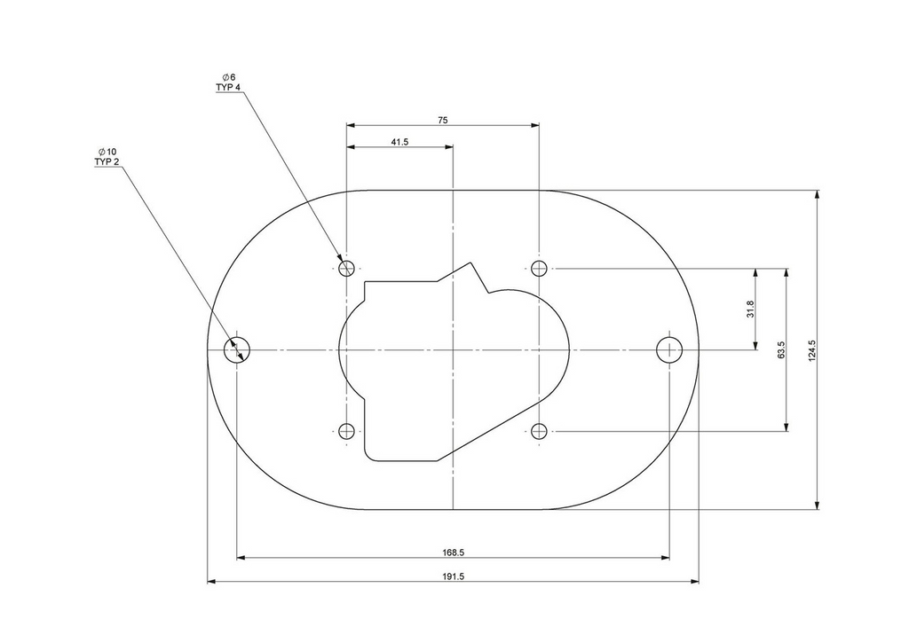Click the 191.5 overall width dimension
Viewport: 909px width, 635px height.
tap(454, 576)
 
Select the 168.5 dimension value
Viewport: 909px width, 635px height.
tap(454, 553)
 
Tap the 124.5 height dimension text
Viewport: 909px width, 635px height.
tap(811, 350)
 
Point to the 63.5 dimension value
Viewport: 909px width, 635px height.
tap(781, 350)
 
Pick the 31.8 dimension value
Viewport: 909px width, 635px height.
tap(750, 309)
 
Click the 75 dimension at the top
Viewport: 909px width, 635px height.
tap(443, 121)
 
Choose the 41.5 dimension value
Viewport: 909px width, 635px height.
tap(399, 141)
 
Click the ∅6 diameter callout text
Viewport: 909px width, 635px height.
tap(228, 77)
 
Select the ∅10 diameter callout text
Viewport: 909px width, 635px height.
tap(107, 152)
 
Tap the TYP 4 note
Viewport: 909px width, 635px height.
tap(228, 87)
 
